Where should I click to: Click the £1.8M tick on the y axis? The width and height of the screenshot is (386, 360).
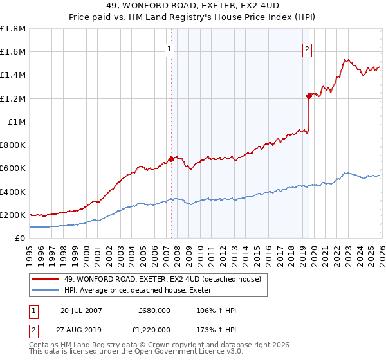coord(13,29)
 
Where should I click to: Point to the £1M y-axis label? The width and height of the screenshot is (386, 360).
coord(16,122)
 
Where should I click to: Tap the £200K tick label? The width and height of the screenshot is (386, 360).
coord(13,215)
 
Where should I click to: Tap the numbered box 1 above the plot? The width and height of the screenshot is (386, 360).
coord(169,49)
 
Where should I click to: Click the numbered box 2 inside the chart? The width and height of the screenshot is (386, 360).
coord(307,49)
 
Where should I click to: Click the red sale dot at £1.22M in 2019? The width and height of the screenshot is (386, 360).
coord(309,96)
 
